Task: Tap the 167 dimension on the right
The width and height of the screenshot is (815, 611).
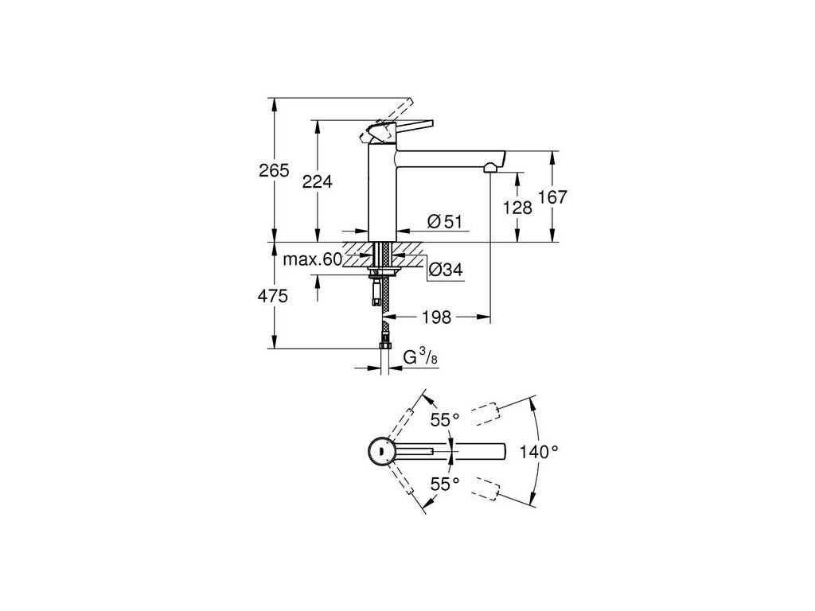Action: (x=552, y=197)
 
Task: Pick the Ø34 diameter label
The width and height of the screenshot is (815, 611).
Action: (x=445, y=270)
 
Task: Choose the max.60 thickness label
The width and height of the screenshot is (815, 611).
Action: (x=313, y=259)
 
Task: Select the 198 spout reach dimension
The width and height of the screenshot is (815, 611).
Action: (x=436, y=317)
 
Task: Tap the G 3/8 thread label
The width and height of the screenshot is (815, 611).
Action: (x=419, y=358)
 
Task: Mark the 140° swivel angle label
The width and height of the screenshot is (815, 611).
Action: (x=540, y=451)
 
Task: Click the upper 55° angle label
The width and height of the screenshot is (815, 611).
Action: (x=446, y=420)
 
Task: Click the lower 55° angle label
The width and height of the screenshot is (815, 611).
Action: (x=446, y=483)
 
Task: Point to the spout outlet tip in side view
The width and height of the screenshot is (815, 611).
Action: (x=493, y=166)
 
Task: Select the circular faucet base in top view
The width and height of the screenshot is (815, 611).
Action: (x=381, y=451)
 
